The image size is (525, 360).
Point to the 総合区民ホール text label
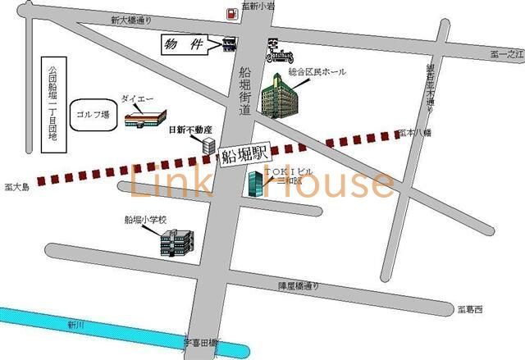[x=317, y=72]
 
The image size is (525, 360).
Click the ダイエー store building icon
[x=145, y=118]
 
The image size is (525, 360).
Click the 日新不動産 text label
[x=190, y=130]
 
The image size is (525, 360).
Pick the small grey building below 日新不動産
[x=208, y=147]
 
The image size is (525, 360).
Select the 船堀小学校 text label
[x=145, y=220]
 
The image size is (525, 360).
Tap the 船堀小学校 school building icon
[x=178, y=241]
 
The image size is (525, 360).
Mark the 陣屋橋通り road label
[x=299, y=285]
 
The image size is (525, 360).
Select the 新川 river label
[x=75, y=325]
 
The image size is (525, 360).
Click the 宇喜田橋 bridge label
[x=199, y=342]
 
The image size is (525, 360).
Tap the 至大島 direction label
[x=16, y=187]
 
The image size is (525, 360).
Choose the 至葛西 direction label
[x=471, y=309]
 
